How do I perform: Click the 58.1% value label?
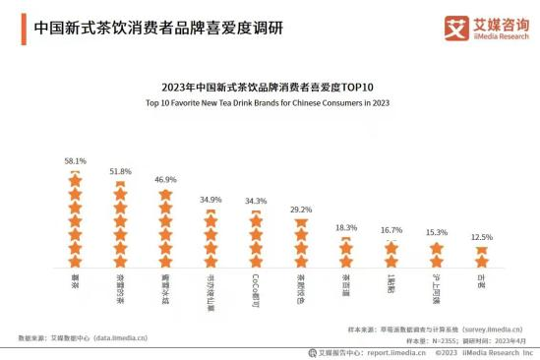pyautogui.click(x=75, y=160)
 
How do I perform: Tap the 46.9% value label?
pyautogui.click(x=165, y=180)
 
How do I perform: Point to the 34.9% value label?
pyautogui.click(x=210, y=200)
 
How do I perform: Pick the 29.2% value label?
pyautogui.click(x=300, y=210)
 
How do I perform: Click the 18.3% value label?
pyautogui.click(x=346, y=227)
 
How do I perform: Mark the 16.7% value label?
pyautogui.click(x=391, y=229)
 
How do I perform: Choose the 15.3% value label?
pyautogui.click(x=437, y=232)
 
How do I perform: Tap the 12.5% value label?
pyautogui.click(x=482, y=237)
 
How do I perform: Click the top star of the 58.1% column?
pyautogui.click(x=75, y=178)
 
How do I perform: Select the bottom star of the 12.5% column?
pyautogui.click(x=482, y=261)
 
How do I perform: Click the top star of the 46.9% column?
pyautogui.click(x=165, y=196)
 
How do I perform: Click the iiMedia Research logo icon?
pyautogui.click(x=455, y=26)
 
